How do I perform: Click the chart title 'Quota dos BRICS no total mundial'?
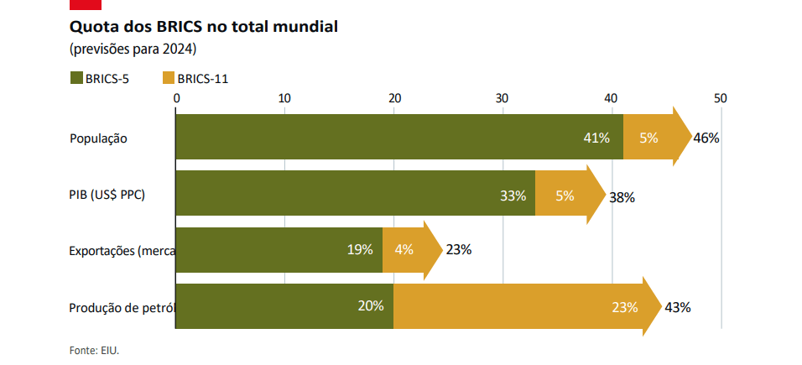point(204,26)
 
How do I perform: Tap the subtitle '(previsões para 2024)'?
point(133,49)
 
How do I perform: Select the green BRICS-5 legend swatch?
point(76,79)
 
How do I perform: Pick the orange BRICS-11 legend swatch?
point(168,79)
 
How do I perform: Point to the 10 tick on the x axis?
point(284,98)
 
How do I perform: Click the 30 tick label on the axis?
point(502,98)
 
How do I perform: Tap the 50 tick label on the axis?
point(720,98)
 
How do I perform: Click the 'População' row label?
point(98,138)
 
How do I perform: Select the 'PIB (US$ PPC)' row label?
point(107,196)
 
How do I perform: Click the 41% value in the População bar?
point(596,138)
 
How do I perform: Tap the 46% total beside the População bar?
point(706,138)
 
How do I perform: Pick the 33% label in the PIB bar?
point(513,196)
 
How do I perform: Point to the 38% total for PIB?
point(622,198)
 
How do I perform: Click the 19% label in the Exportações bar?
point(360,250)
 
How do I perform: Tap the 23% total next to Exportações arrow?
point(459,249)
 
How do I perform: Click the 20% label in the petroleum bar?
point(370,306)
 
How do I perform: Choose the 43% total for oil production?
point(677,307)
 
